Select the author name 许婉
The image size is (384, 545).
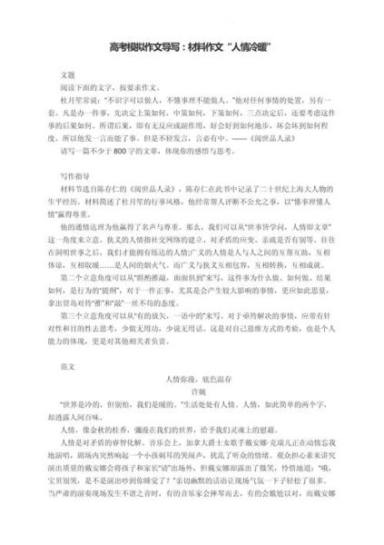pos(191,411)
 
